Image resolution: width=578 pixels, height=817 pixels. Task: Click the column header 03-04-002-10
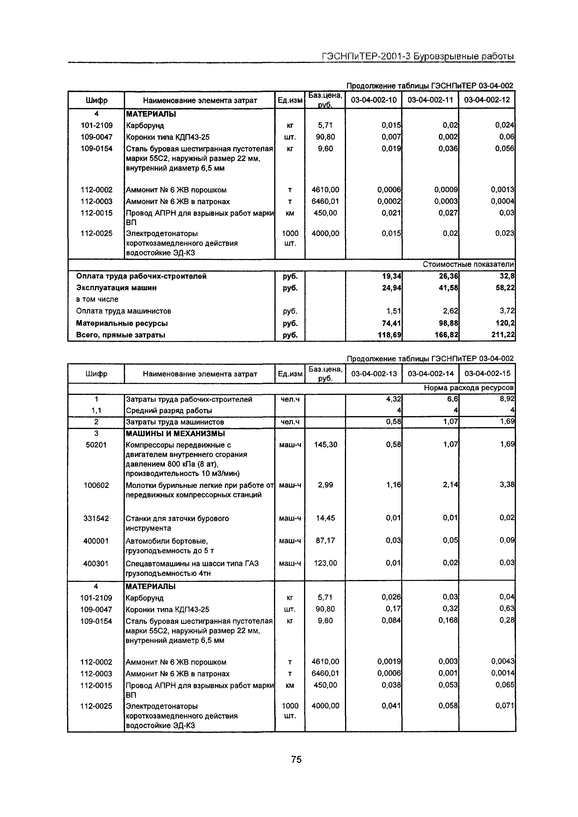click(373, 100)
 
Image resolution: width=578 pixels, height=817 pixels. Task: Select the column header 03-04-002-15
click(487, 373)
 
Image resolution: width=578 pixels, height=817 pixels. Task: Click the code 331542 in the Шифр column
click(96, 518)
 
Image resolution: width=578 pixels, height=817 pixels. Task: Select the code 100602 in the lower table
click(96, 485)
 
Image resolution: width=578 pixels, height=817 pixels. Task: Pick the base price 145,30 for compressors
click(325, 445)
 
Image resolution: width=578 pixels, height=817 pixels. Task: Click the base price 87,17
click(325, 541)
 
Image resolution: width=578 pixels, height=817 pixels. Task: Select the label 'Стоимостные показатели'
click(468, 264)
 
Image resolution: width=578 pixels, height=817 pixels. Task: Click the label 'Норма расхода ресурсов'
click(469, 388)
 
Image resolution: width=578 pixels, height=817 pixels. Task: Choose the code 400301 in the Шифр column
click(96, 564)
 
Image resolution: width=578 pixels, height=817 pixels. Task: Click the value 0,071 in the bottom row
click(505, 706)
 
